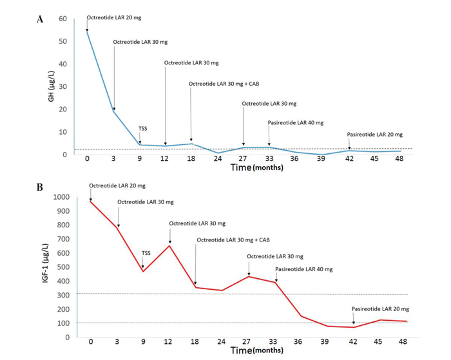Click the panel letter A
[41, 19]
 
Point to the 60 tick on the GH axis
[62, 19]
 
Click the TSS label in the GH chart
[143, 129]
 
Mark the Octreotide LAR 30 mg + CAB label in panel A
[224, 84]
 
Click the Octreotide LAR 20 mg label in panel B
[116, 185]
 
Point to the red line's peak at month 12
[169, 245]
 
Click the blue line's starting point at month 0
[88, 31]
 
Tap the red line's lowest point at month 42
[353, 327]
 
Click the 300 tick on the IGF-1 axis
[64, 294]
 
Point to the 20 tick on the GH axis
[62, 109]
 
